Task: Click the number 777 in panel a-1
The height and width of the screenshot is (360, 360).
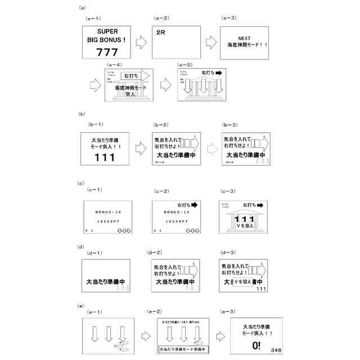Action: [x=107, y=52]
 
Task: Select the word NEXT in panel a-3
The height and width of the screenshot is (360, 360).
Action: [x=244, y=38]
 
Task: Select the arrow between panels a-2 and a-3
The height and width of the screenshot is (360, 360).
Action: [x=211, y=42]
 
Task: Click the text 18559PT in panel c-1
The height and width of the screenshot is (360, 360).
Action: [x=107, y=221]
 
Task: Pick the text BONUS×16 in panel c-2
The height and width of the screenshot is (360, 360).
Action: [x=177, y=212]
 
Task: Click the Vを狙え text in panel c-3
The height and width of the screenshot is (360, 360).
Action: [x=245, y=227]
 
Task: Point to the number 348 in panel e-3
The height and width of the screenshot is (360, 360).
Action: [x=276, y=350]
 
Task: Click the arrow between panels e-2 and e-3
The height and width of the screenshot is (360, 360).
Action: [x=220, y=336]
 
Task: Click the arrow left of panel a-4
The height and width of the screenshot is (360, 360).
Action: [x=94, y=85]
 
